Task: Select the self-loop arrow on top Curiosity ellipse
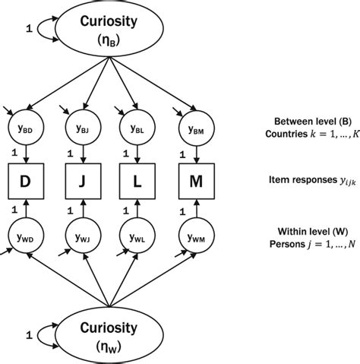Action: tap(39, 29)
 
